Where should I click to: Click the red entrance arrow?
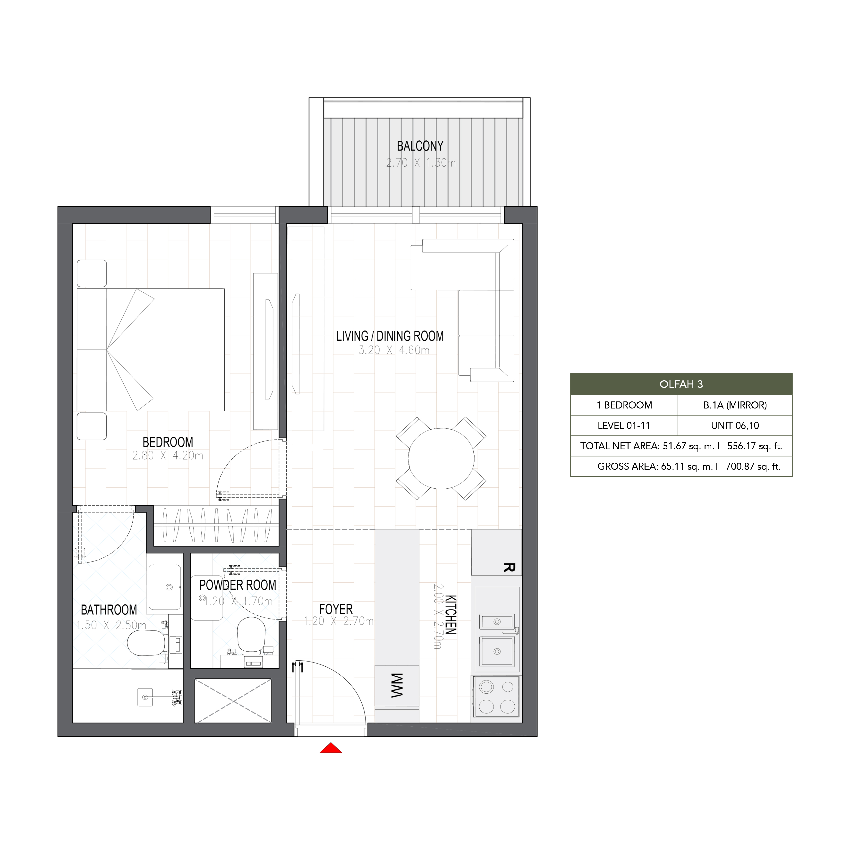[x=331, y=748]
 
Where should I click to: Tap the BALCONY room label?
[x=420, y=146]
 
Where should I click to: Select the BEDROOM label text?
[x=168, y=442]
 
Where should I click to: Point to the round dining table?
[x=441, y=459]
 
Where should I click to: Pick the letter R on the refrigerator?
[x=509, y=568]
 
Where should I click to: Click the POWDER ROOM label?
[x=238, y=585]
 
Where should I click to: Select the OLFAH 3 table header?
[x=681, y=384]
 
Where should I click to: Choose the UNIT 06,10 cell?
[x=735, y=425]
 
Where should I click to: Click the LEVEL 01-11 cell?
[x=624, y=425]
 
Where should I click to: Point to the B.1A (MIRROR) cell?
[x=735, y=405]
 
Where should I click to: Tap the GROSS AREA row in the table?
[x=681, y=466]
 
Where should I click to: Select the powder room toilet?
[x=251, y=634]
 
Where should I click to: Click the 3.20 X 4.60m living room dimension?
[x=394, y=350]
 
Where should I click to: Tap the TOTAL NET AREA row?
[x=681, y=446]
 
